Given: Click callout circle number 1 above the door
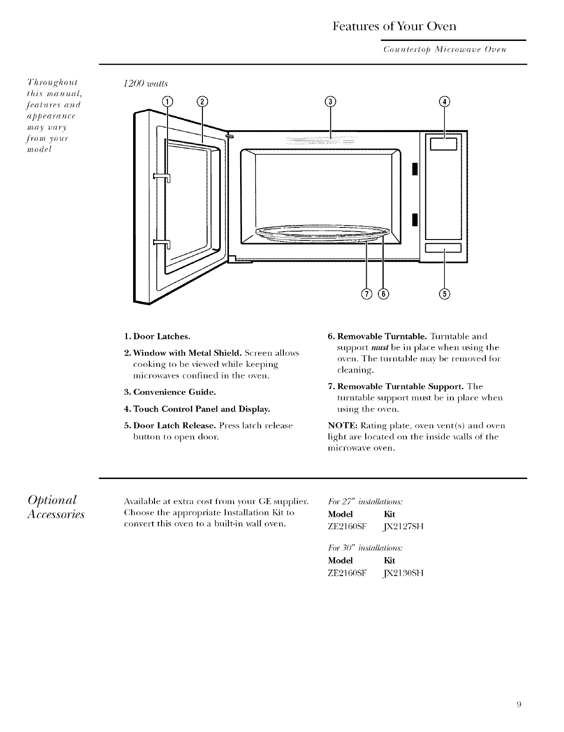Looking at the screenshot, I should click(167, 102).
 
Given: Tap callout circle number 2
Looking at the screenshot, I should click(202, 102).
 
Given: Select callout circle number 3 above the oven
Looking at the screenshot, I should click(330, 102).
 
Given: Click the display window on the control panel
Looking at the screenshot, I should click(445, 145).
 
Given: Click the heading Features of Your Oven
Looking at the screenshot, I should click(395, 26).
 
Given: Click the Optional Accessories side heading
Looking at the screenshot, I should click(56, 507).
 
